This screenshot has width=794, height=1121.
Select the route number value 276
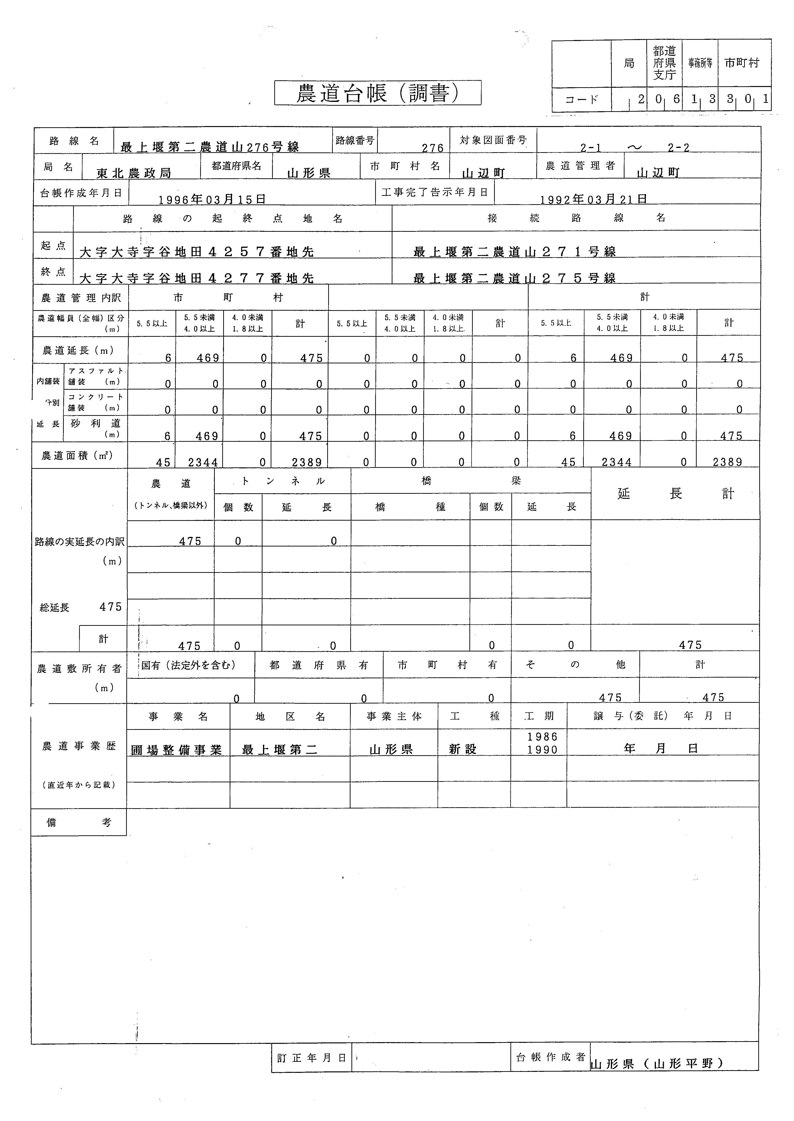[x=433, y=148]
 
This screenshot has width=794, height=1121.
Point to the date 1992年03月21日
[x=594, y=199]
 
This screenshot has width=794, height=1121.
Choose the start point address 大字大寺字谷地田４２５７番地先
[x=197, y=252]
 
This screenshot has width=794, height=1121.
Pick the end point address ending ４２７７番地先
[x=197, y=278]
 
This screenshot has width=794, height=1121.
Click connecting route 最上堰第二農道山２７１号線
[x=514, y=252]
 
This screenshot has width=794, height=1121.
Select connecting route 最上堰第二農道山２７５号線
[x=514, y=278]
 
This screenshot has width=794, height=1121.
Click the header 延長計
[x=675, y=494]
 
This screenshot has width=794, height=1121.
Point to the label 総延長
[x=55, y=607]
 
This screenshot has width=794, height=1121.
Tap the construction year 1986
[x=542, y=736]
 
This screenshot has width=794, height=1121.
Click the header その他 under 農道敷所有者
[x=575, y=665]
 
